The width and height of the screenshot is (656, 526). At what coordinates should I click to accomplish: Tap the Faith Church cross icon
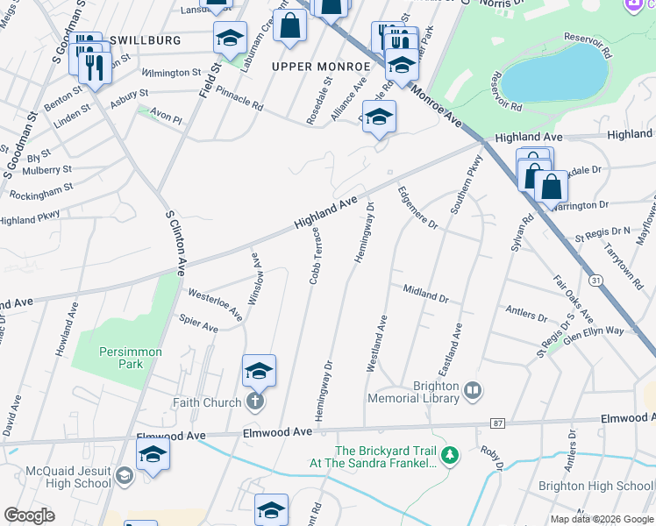coord(255,402)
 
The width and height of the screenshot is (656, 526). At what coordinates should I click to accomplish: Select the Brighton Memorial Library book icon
coord(474,390)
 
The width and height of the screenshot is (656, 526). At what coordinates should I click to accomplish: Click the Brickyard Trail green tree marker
coord(449,454)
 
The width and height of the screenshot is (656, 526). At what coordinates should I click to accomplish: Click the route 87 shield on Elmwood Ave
coord(499,423)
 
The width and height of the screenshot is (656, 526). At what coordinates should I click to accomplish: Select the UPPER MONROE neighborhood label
coord(321,67)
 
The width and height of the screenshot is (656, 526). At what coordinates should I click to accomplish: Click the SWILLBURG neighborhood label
coord(144,40)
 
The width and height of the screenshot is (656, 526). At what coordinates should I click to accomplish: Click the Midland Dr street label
coord(425,293)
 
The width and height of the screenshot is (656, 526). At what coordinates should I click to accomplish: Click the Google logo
coord(28,515)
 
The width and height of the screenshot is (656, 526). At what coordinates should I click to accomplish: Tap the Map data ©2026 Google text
coord(601,519)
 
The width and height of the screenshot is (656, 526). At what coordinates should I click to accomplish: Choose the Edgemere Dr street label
coord(417,208)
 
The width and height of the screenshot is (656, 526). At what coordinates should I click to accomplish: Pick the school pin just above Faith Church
coord(259,372)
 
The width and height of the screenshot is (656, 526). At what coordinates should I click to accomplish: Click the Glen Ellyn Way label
coord(594,331)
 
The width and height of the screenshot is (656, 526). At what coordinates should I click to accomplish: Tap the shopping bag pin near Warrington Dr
coord(551,188)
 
